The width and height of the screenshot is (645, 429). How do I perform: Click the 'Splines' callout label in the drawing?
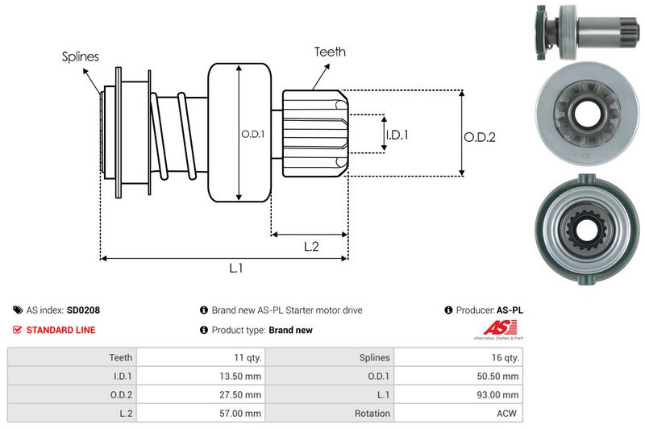tap(81, 56)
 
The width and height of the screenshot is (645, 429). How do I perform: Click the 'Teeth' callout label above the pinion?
tap(330, 52)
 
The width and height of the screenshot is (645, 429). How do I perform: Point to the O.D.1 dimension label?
tap(252, 134)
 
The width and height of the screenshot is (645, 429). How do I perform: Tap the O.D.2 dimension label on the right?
tap(479, 137)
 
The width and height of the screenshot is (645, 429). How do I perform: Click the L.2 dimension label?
tap(312, 247)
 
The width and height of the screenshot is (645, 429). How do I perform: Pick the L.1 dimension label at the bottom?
tap(236, 269)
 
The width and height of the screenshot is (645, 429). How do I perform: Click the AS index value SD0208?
tap(83, 310)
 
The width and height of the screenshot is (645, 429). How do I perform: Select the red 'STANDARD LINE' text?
tap(60, 330)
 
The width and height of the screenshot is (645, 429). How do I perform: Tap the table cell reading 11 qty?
tap(244, 357)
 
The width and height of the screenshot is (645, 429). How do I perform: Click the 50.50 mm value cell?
tap(499, 376)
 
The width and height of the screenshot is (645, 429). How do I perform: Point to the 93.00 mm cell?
tap(499, 395)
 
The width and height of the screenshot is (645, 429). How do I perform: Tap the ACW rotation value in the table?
tap(508, 414)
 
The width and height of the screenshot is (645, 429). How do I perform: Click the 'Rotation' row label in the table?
tap(372, 414)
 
